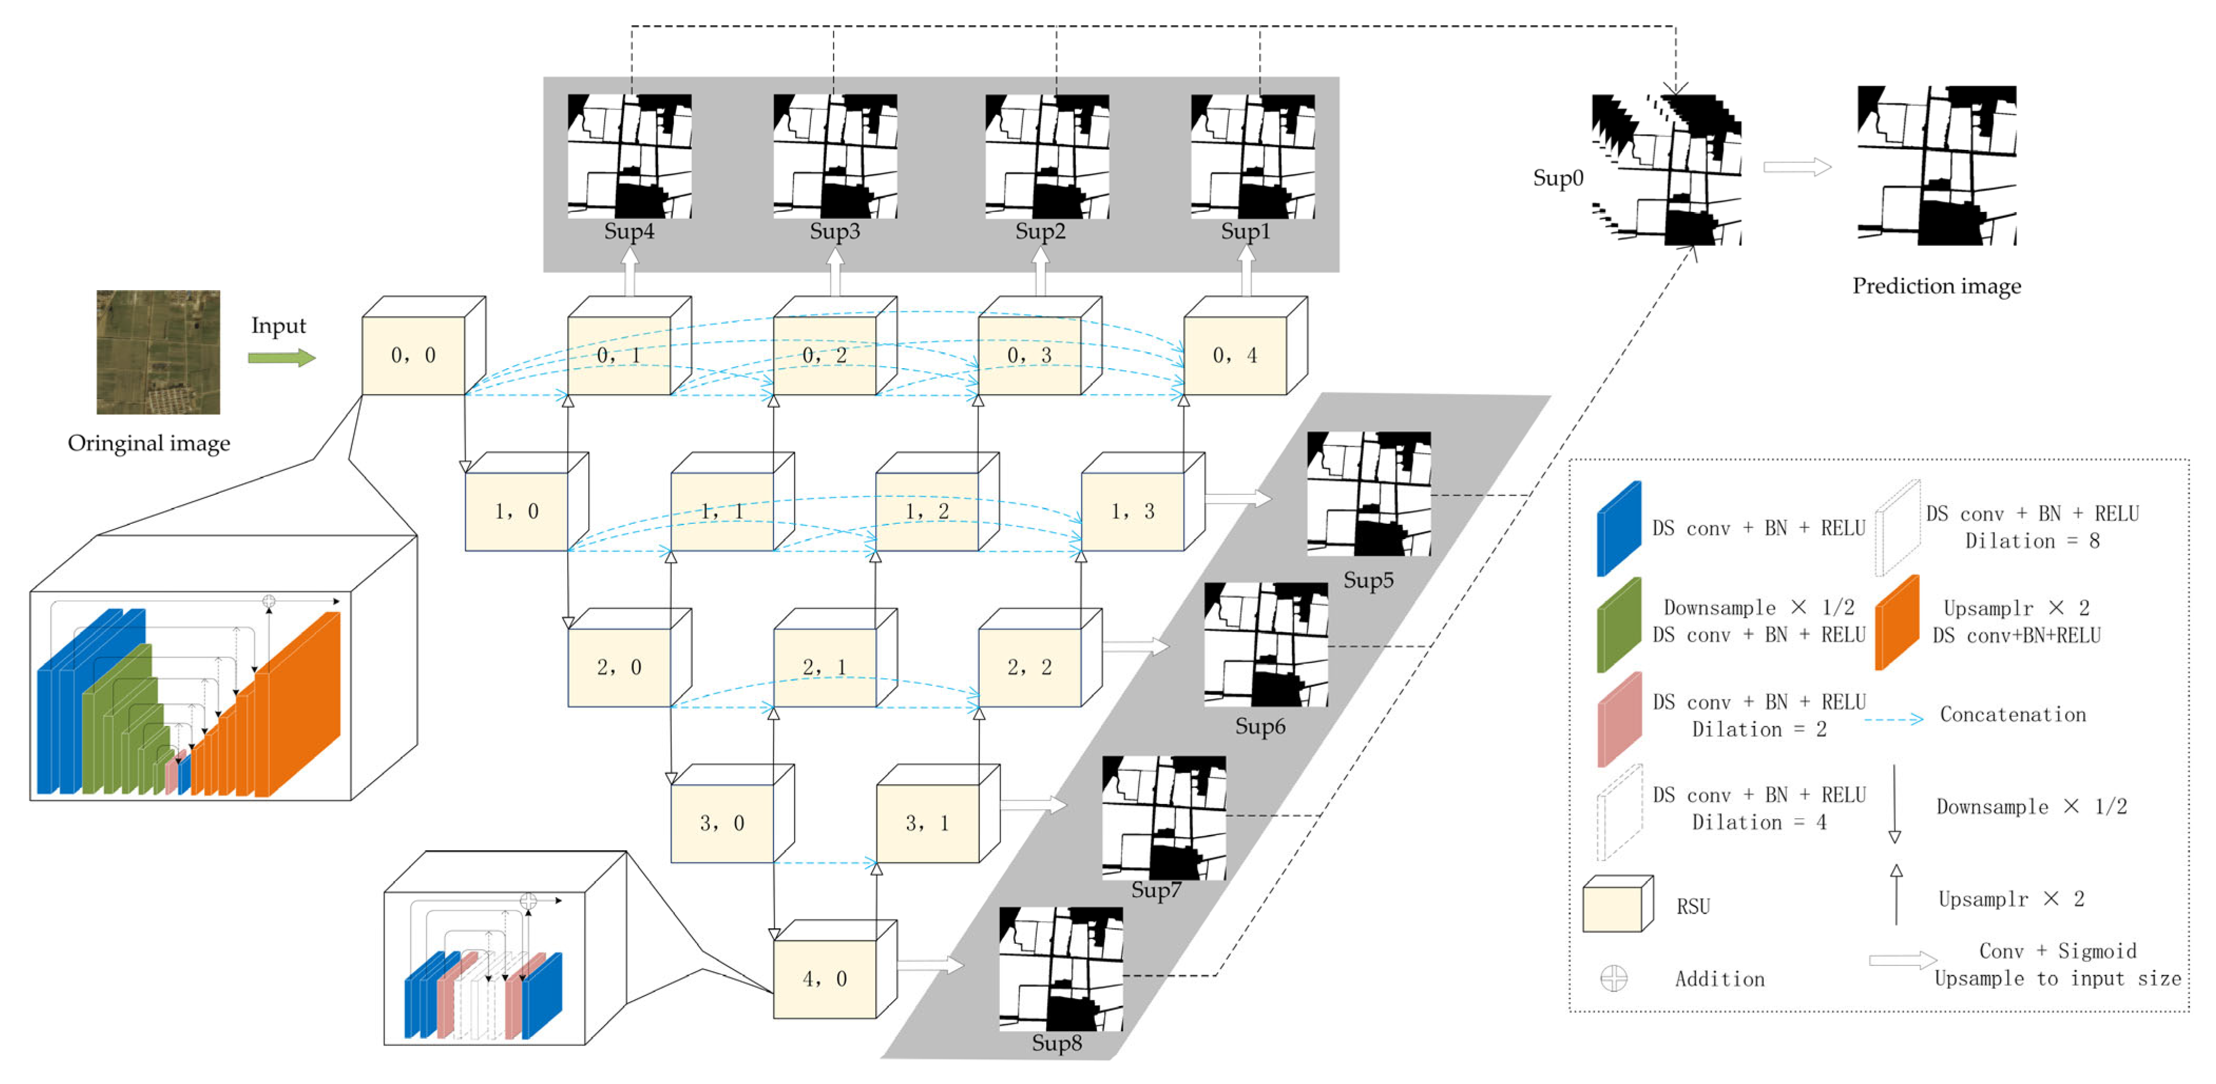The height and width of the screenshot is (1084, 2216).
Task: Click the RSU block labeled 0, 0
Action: coord(414,354)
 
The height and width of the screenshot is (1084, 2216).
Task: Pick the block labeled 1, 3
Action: coord(1133,511)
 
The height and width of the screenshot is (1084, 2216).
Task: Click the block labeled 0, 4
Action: coord(1235,354)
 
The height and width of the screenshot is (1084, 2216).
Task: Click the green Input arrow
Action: coord(281,358)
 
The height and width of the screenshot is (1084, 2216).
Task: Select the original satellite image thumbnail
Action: coord(158,352)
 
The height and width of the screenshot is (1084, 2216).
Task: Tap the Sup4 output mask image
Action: coord(629,156)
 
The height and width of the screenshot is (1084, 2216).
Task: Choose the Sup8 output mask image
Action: coord(1061,968)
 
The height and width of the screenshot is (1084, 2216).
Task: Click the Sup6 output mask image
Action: coord(1265,645)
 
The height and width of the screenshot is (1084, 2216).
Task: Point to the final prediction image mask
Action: coord(1936,165)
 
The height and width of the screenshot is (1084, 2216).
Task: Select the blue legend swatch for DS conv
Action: coord(1619,528)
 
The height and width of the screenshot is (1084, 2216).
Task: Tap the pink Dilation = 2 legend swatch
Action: coord(1619,719)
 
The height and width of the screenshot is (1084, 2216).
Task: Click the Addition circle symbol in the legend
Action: coord(1613,978)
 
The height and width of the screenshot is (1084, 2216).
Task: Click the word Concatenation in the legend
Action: coord(2012,714)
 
